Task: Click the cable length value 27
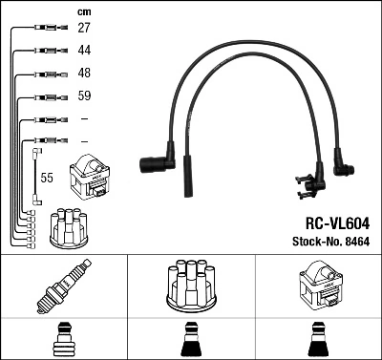tap(85, 29)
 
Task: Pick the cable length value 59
tap(85, 96)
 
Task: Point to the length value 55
tap(47, 178)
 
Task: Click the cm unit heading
tap(84, 11)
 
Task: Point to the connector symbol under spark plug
tap(63, 340)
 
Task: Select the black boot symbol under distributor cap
tap(189, 340)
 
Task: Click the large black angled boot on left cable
tap(156, 164)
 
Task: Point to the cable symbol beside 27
tap(48, 29)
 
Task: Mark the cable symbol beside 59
tap(48, 96)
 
